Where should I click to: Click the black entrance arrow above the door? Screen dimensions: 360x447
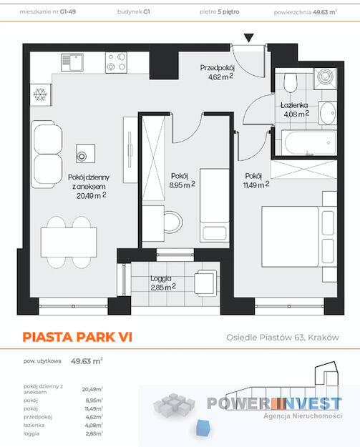(x=249, y=38)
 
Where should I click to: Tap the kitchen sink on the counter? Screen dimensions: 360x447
(x=72, y=62)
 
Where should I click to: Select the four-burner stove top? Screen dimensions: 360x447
(x=116, y=62)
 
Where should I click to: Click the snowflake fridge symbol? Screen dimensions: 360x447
(x=40, y=94)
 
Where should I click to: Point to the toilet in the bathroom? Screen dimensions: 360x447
(x=291, y=82)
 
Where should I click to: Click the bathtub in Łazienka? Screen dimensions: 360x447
(x=309, y=142)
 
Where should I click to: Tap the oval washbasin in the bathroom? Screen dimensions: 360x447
(x=328, y=113)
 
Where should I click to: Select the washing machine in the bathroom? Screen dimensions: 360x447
(x=326, y=77)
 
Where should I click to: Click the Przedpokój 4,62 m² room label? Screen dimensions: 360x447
(x=218, y=72)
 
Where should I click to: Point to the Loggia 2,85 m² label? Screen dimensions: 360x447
(x=163, y=283)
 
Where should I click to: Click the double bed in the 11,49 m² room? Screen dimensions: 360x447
(x=299, y=237)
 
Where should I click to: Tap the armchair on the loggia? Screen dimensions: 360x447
(x=205, y=283)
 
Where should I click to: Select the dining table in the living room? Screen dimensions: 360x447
(x=69, y=242)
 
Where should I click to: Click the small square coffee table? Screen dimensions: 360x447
(x=85, y=153)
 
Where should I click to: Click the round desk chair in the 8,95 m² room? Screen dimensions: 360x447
(x=173, y=222)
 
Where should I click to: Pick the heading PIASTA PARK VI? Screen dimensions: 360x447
(x=77, y=337)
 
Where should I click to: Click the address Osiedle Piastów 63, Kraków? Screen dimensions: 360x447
(x=283, y=338)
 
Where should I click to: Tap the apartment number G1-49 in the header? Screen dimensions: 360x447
(x=68, y=12)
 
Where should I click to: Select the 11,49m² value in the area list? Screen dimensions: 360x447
(x=94, y=408)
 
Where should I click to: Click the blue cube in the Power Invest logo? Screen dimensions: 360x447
(x=203, y=428)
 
